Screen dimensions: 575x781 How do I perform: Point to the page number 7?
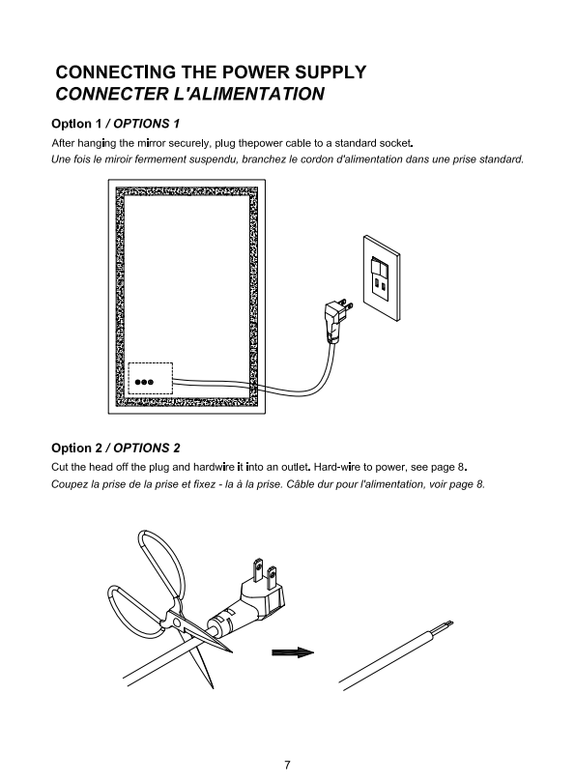click(287, 765)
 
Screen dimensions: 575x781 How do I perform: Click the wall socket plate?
click(382, 278)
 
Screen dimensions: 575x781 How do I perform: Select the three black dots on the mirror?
click(144, 382)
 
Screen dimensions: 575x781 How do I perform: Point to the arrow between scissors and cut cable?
click(293, 653)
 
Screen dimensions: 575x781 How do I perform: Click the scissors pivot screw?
click(176, 622)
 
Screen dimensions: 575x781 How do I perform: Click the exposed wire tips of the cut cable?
click(446, 624)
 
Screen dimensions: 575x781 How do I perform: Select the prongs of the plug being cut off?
click(265, 572)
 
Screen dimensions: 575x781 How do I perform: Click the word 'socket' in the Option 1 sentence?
click(396, 143)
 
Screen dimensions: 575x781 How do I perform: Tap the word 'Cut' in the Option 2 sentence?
click(59, 467)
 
